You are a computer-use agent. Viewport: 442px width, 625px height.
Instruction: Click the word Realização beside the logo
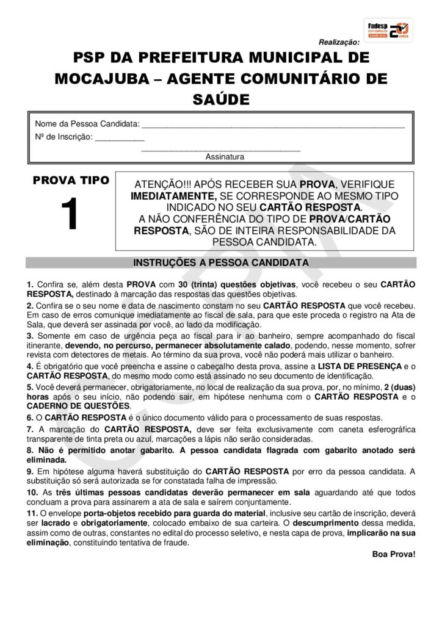pyautogui.click(x=339, y=42)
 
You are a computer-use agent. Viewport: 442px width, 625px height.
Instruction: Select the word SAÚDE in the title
pyautogui.click(x=221, y=99)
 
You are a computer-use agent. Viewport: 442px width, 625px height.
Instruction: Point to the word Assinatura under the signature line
pyautogui.click(x=225, y=157)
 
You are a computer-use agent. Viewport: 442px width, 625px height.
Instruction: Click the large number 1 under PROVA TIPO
pyautogui.click(x=70, y=215)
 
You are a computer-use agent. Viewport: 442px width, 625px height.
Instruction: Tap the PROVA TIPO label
pyautogui.click(x=71, y=181)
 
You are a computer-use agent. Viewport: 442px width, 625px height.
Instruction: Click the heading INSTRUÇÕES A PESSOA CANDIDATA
pyautogui.click(x=221, y=263)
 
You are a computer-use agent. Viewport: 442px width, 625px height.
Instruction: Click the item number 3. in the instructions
pyautogui.click(x=30, y=336)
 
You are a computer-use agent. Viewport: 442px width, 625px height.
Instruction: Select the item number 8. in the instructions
pyautogui.click(x=30, y=450)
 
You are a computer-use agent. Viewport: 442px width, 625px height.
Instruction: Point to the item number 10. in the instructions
pyautogui.click(x=32, y=493)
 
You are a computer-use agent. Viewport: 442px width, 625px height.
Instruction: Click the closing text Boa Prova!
pyautogui.click(x=393, y=554)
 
